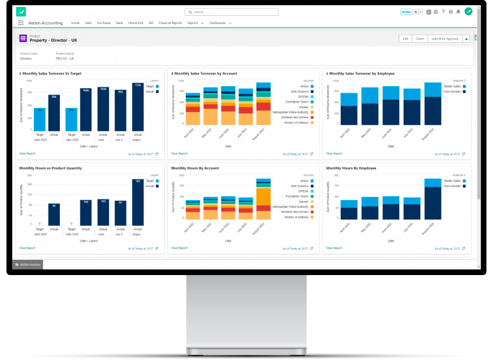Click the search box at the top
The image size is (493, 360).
coord(232,12)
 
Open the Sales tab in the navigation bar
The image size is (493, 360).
coord(88,23)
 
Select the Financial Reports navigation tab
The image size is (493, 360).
coord(171,23)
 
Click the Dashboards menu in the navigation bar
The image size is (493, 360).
coord(220,23)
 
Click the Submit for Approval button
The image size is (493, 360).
coord(445,39)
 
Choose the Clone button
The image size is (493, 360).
coord(419,39)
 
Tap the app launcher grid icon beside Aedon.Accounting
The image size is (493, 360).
coord(21,23)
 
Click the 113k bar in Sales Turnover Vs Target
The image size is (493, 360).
coord(137,106)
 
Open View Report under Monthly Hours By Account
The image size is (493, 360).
coord(179,248)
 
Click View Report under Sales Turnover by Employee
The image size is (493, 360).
coord(334,153)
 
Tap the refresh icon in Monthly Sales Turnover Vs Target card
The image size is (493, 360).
coord(156,154)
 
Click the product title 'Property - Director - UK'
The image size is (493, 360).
coord(54,40)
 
